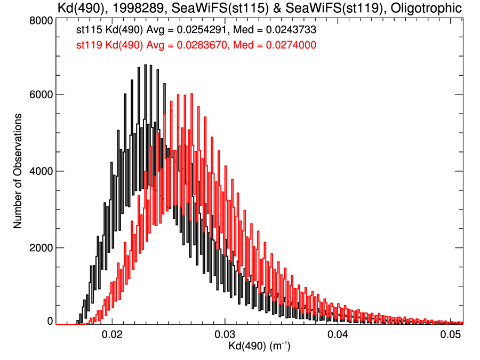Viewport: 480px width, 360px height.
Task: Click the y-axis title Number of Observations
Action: [18, 171]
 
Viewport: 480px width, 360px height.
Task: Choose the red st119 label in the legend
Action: [86, 45]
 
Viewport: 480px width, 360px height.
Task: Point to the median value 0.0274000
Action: [291, 45]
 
